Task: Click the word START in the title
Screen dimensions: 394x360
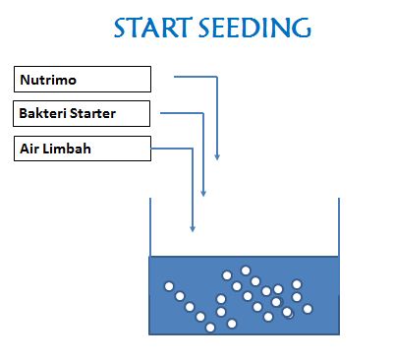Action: pos(152,28)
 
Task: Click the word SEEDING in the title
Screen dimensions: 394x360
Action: pos(255,28)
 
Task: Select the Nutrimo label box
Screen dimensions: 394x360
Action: pos(83,80)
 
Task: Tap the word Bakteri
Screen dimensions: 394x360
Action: pos(42,113)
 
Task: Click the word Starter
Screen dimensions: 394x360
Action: pos(92,113)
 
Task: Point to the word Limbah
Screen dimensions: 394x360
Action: pos(67,149)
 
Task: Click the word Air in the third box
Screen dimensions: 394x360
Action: pos(29,149)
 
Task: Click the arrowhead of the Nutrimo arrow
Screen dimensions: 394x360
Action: pos(217,156)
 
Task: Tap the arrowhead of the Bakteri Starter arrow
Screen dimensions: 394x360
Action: pos(203,193)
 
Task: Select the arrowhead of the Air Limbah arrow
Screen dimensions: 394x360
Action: pos(193,229)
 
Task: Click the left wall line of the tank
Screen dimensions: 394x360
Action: pos(150,227)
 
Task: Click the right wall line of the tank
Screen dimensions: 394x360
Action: pos(339,227)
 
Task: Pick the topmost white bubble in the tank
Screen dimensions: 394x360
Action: pos(246,270)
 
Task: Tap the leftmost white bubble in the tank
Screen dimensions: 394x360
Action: pos(169,286)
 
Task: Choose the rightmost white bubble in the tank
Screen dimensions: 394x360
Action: pos(308,309)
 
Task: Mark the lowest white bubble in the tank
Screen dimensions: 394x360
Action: pos(210,328)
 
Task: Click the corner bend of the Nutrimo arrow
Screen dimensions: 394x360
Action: pos(217,77)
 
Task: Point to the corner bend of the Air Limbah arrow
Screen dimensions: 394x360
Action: pos(193,149)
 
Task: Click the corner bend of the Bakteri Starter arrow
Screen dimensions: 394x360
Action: pos(203,113)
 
